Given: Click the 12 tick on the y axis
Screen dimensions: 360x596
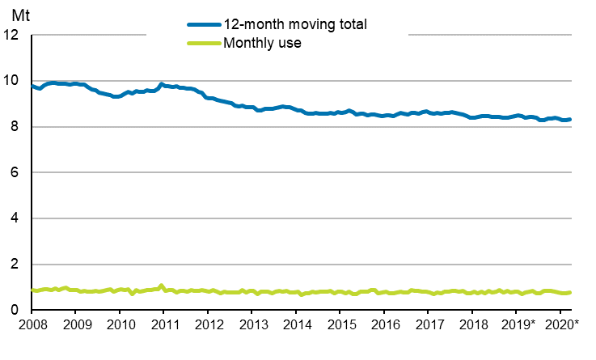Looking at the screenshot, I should (x=13, y=36).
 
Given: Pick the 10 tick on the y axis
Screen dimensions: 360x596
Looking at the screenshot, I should (x=13, y=81).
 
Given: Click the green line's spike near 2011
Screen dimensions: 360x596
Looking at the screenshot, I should (x=161, y=286).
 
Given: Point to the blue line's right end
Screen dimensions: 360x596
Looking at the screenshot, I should (x=570, y=120).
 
